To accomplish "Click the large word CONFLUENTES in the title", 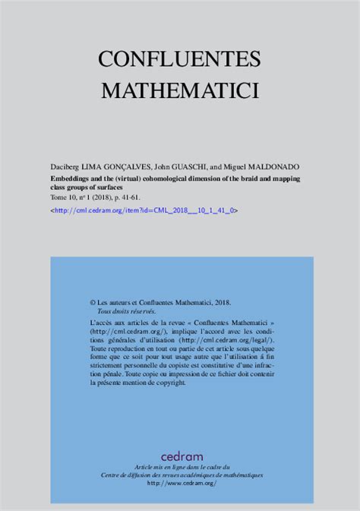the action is click(180, 58).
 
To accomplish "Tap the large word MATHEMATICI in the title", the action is click(180, 90).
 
